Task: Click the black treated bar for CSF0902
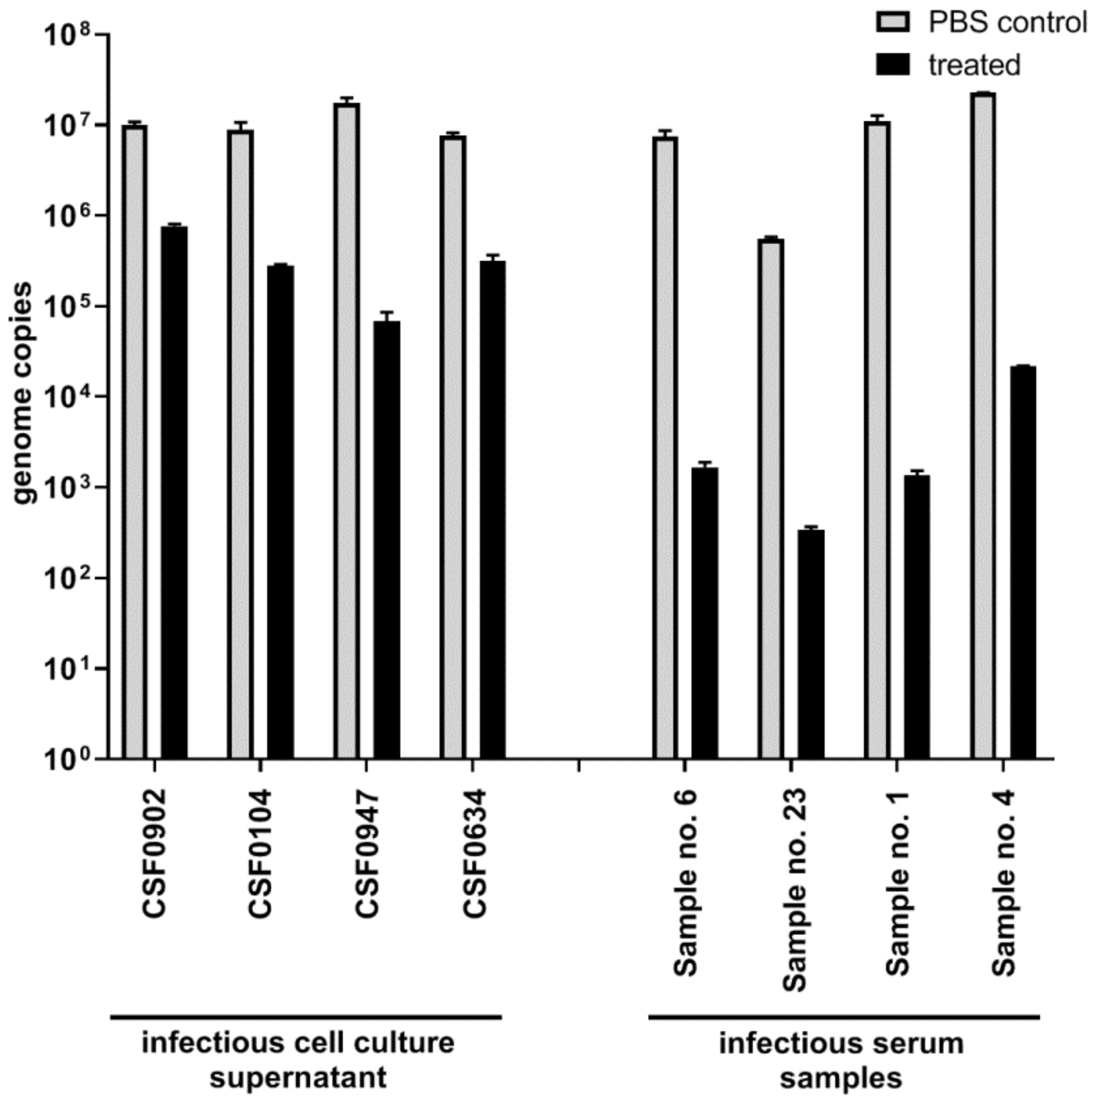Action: [174, 492]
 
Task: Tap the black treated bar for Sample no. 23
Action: [811, 644]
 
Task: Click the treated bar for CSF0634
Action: [493, 509]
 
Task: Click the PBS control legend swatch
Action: [893, 23]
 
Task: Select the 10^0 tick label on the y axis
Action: [67, 759]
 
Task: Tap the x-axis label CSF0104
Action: [260, 855]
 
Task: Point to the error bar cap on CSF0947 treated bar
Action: [387, 312]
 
